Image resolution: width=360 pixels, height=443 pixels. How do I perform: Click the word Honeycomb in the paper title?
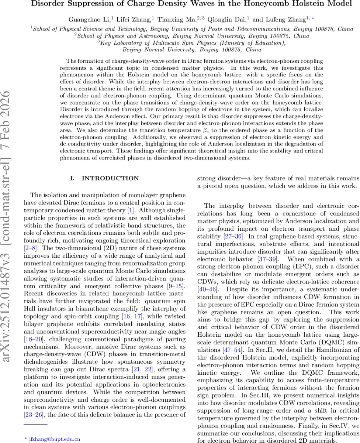pos(252,4)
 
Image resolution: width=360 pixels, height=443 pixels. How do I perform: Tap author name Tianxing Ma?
pos(176,20)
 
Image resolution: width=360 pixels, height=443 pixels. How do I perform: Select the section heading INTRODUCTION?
pos(110,178)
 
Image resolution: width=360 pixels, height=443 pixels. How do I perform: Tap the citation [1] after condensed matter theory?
pos(130,210)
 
